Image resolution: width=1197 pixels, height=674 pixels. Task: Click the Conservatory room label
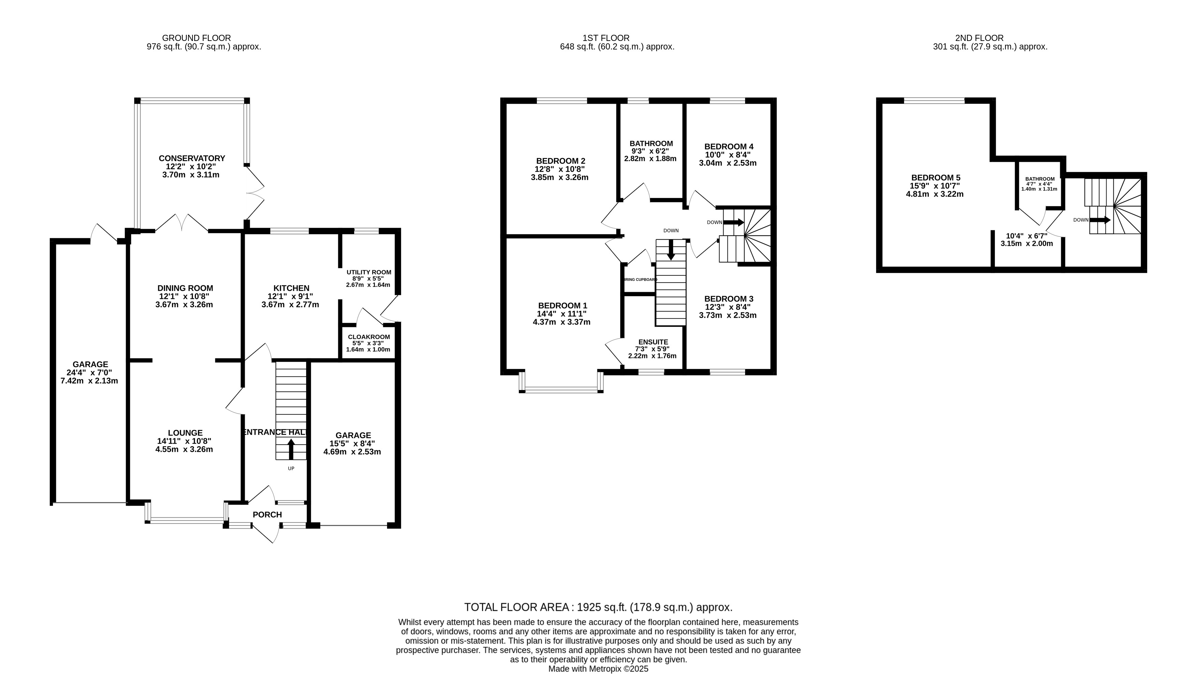pos(191,158)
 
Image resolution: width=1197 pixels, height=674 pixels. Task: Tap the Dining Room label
pos(185,288)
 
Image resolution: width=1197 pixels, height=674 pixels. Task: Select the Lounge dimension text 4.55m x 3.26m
pos(184,449)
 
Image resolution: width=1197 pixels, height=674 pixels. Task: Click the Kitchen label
pos(291,288)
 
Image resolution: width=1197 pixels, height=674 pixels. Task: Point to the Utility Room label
pos(369,272)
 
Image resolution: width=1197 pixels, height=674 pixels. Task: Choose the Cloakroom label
pos(369,337)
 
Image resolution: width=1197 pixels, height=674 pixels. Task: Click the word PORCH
pos(267,515)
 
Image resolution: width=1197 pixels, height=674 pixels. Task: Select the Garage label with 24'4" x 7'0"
pos(90,364)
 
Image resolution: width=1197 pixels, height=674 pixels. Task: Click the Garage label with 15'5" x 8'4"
pos(353,435)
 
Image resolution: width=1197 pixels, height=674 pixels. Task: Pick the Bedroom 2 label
pos(560,161)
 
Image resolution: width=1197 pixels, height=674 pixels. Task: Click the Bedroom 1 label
pos(562,306)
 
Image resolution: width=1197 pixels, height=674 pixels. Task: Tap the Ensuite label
pos(653,342)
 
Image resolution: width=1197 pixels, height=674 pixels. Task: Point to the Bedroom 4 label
pos(729,146)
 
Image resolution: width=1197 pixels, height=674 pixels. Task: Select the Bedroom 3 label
pos(729,299)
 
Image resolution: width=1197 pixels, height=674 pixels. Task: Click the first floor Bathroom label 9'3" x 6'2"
pos(651,144)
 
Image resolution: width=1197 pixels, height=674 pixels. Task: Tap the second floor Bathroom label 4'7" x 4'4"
pos(1040,179)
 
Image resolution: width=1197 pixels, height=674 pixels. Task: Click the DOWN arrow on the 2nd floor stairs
pos(1100,220)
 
